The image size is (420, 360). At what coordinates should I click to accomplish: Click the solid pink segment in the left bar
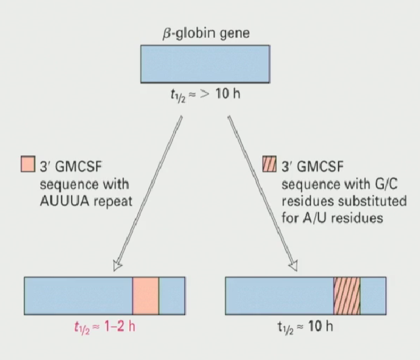click(x=146, y=295)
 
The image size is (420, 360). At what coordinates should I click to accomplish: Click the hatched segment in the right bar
click(x=347, y=295)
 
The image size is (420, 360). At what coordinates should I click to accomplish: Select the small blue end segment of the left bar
click(x=172, y=295)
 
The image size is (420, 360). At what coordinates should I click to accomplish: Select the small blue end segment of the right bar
click(x=373, y=295)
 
